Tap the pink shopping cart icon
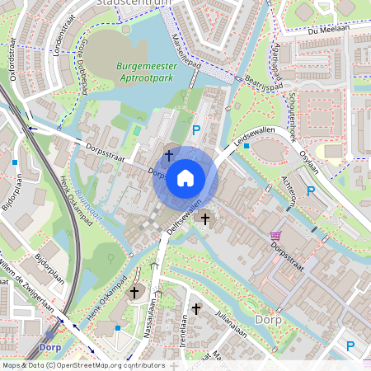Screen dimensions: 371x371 (x=274, y=236)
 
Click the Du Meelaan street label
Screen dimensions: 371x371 (x=323, y=30)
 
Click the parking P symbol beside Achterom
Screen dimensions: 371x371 (x=310, y=191)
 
